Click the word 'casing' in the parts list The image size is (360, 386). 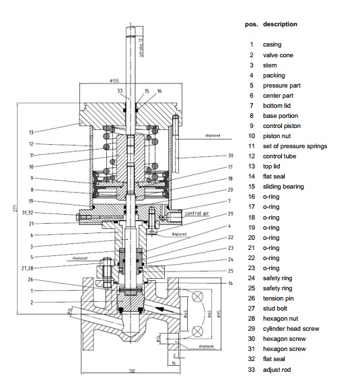pyautogui.click(x=272, y=44)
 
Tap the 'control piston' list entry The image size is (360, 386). pyautogui.click(x=281, y=126)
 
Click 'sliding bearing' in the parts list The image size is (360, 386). pyautogui.click(x=283, y=187)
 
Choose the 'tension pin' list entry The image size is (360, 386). pyautogui.click(x=278, y=298)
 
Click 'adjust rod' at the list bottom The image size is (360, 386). pyautogui.click(x=276, y=369)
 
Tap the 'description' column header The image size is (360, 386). pyautogui.click(x=280, y=24)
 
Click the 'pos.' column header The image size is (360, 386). pyautogui.click(x=250, y=24)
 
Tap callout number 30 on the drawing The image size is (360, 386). pyautogui.click(x=231, y=156)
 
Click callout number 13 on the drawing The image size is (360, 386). pyautogui.click(x=31, y=132)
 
